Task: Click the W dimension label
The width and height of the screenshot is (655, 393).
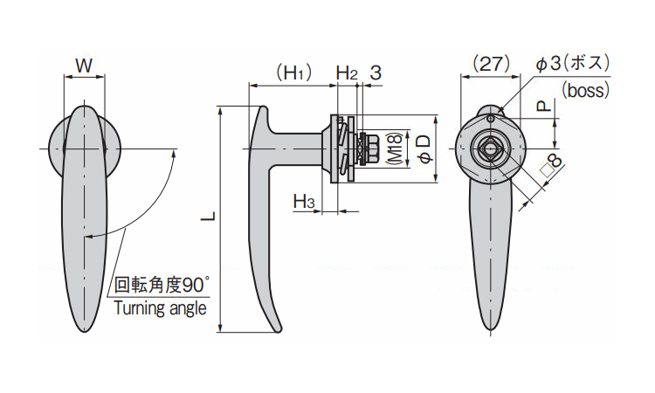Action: [84, 65]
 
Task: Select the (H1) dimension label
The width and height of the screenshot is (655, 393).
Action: [294, 73]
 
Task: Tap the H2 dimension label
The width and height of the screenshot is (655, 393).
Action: [347, 73]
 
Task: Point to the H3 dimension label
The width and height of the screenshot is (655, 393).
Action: [304, 201]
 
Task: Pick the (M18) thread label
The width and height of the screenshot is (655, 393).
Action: [395, 148]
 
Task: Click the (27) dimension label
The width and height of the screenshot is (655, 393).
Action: [491, 65]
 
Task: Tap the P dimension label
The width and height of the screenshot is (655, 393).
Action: [544, 107]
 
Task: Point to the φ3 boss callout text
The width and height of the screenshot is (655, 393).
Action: [573, 64]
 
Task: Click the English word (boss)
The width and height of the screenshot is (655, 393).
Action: [586, 90]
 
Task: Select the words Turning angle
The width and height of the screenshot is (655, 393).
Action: [161, 308]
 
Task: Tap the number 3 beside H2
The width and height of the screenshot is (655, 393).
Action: [376, 73]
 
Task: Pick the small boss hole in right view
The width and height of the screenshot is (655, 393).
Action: [491, 119]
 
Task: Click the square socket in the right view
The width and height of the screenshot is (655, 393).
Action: [490, 149]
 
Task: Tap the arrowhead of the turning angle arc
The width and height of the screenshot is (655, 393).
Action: [174, 154]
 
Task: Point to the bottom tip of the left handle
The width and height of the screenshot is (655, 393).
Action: [85, 332]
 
